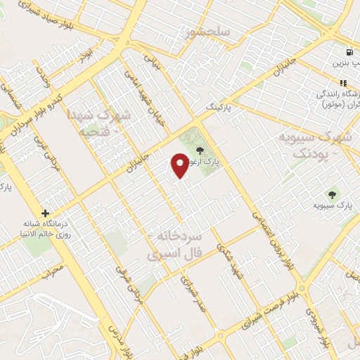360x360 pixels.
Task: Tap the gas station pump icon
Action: (348, 52)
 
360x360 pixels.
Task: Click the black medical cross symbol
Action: (46, 212)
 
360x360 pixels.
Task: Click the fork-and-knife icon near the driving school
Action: (343, 83)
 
